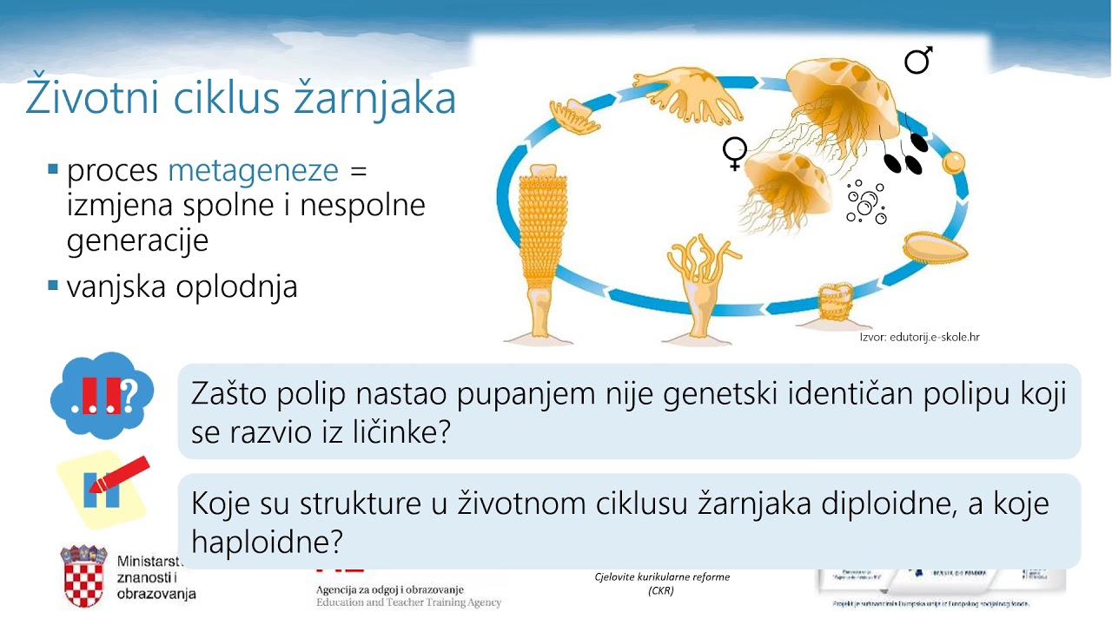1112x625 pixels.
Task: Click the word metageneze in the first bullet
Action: pos(253,170)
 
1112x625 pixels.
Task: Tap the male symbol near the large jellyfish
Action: pos(917,60)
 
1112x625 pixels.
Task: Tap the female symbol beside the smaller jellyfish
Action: pos(734,152)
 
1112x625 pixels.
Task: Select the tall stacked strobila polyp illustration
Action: pos(540,252)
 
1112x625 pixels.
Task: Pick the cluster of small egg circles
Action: pos(865,202)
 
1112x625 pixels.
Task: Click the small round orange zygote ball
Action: pos(954,162)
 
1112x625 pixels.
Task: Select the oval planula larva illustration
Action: pos(935,250)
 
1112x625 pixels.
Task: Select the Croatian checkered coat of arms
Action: pos(84,576)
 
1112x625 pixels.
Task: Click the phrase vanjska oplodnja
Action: pos(182,286)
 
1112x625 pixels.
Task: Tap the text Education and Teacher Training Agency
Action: pos(408,602)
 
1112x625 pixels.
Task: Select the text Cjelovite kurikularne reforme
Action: pos(662,576)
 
